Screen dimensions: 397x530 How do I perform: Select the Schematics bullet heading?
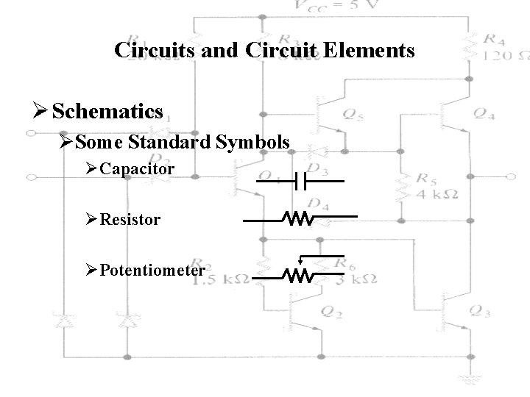tap(108, 111)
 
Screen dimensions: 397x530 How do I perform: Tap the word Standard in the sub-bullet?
tap(171, 141)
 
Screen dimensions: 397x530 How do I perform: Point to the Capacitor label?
tap(138, 169)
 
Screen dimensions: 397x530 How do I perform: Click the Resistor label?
tap(130, 219)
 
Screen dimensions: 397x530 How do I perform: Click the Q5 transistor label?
tap(352, 114)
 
